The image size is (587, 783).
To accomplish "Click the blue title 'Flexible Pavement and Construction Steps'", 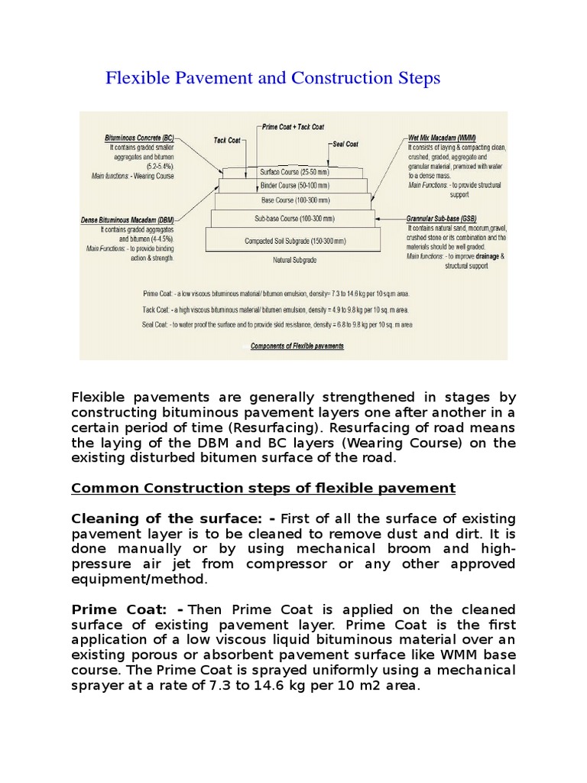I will (x=272, y=78).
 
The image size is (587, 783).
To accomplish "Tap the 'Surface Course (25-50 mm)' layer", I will (x=293, y=171).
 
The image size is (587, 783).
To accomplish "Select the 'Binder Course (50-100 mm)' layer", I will (x=293, y=186).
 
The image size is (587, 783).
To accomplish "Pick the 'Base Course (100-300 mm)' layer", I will (x=293, y=202).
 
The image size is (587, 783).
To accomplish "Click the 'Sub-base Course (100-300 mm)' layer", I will (x=293, y=219).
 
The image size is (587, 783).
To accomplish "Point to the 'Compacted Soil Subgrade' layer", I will (x=293, y=240).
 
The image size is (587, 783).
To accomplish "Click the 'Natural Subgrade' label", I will (x=293, y=260).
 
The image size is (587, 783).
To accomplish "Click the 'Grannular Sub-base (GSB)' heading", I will (x=443, y=219).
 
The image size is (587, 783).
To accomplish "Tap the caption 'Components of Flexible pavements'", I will (x=297, y=346).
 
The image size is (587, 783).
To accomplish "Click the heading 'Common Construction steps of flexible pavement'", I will (x=263, y=488).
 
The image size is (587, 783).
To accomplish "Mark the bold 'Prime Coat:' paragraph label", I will (x=127, y=609).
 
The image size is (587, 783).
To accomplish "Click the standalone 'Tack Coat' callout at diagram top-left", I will (x=228, y=140).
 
